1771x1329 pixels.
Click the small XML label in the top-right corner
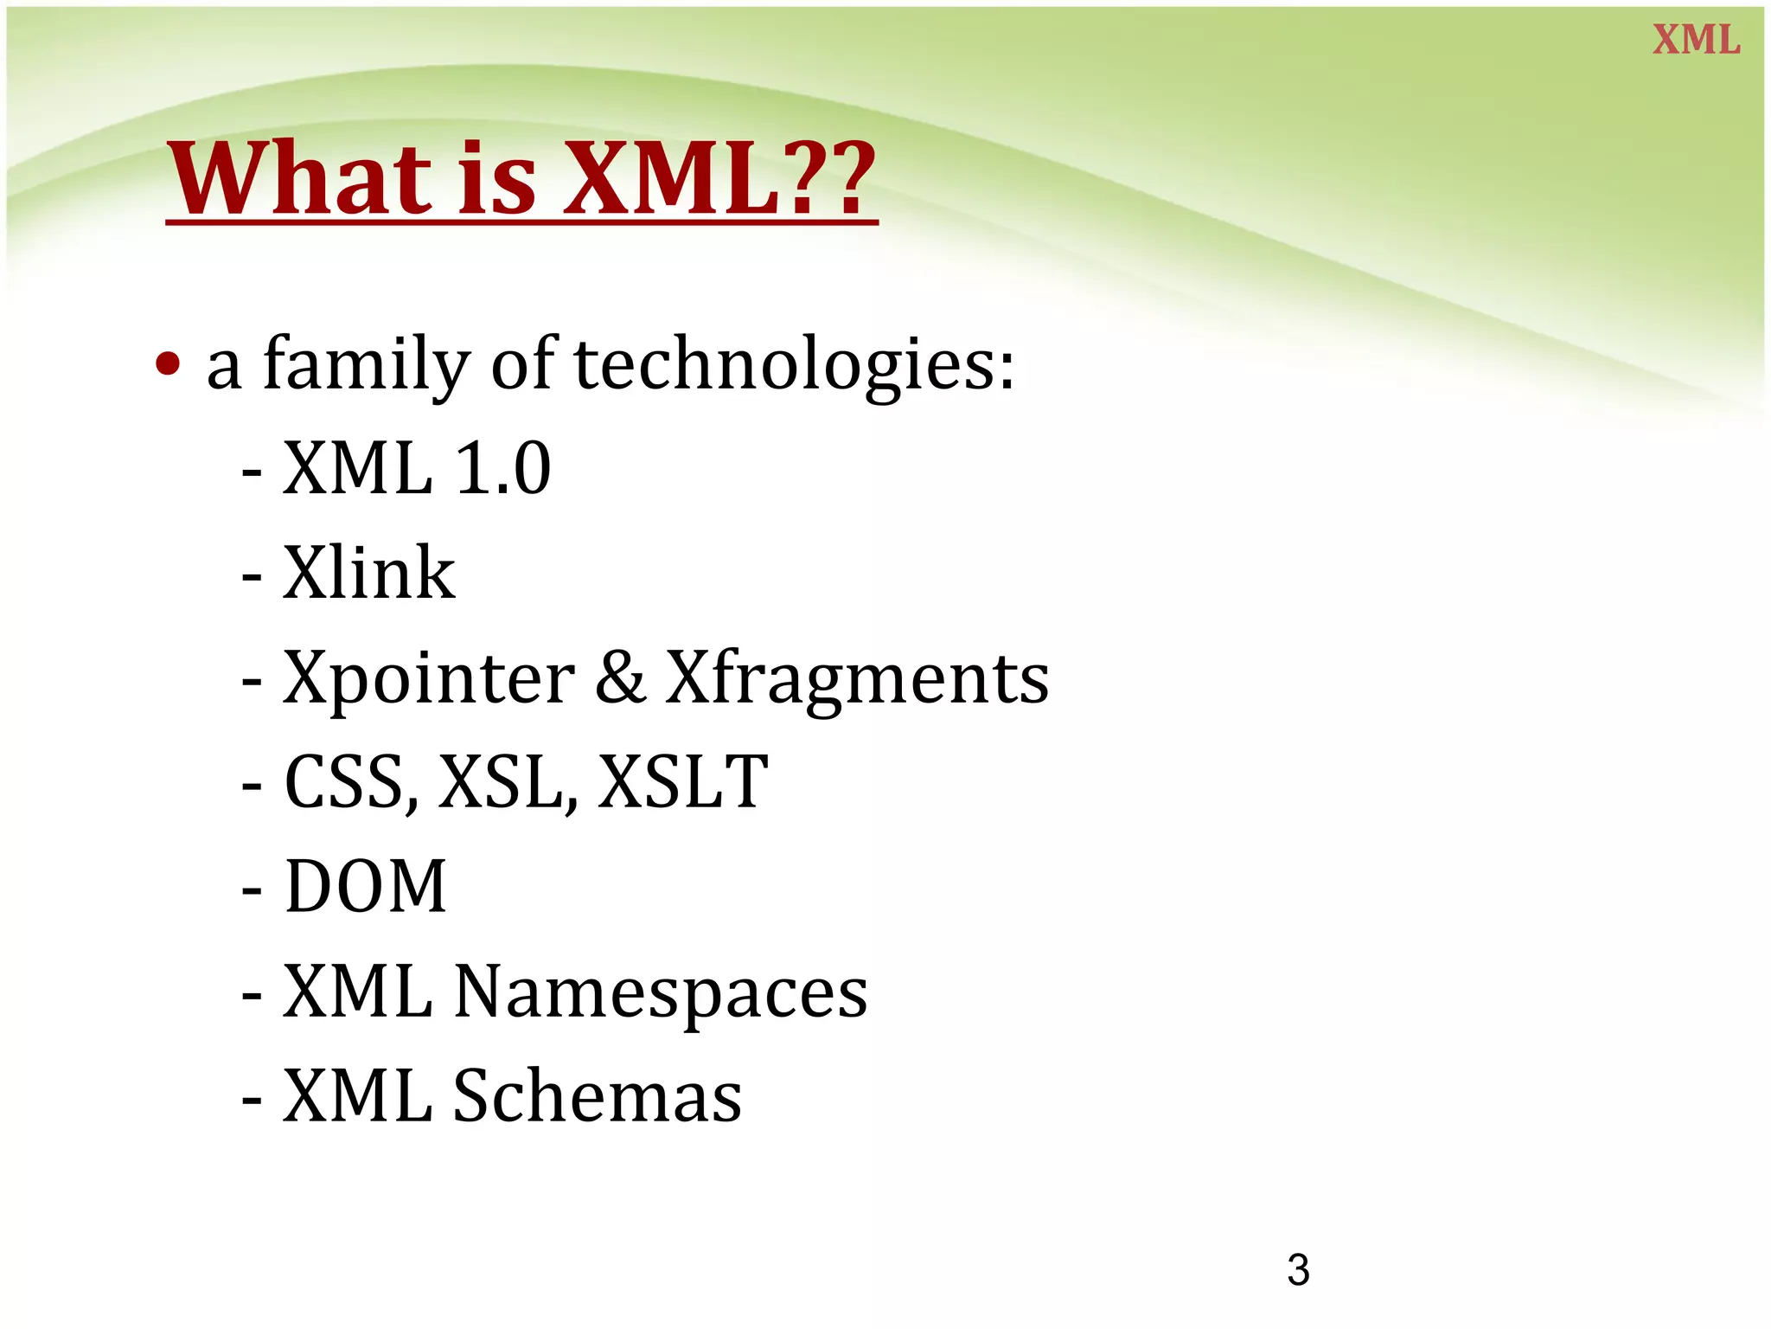coord(1696,40)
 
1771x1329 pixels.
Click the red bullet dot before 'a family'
coord(168,364)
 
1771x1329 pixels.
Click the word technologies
coord(793,364)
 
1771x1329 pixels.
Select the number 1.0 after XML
coord(502,468)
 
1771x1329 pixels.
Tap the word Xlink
coord(369,573)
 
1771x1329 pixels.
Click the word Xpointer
coord(429,677)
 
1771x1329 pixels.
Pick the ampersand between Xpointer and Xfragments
coord(620,677)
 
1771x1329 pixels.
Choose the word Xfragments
coord(857,677)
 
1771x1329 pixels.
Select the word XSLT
coord(682,782)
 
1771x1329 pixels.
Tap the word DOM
coord(366,886)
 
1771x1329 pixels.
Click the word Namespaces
coord(661,992)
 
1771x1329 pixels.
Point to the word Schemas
coord(598,1096)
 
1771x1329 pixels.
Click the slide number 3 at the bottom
coord(1298,1270)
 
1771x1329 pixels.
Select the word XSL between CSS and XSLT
coord(505,782)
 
